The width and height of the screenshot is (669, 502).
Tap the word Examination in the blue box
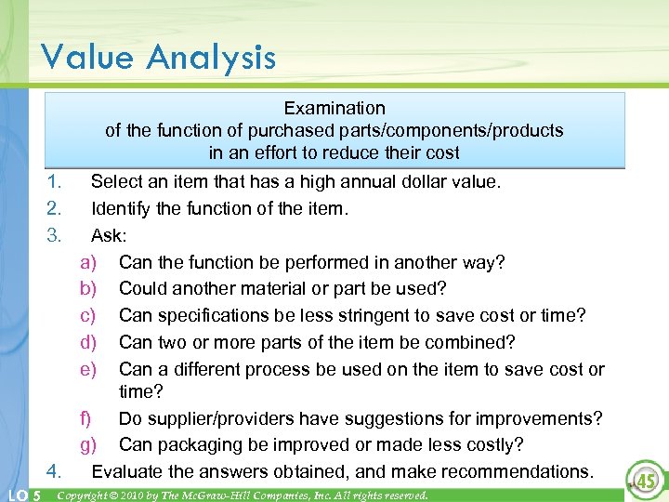[334, 109]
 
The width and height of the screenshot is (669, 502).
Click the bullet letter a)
[89, 262]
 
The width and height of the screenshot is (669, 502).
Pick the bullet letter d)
[89, 343]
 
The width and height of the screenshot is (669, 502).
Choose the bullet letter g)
[89, 444]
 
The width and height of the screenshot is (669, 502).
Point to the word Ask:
[111, 235]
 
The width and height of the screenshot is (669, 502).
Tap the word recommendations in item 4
[518, 471]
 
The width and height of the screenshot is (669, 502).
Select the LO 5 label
[21, 495]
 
